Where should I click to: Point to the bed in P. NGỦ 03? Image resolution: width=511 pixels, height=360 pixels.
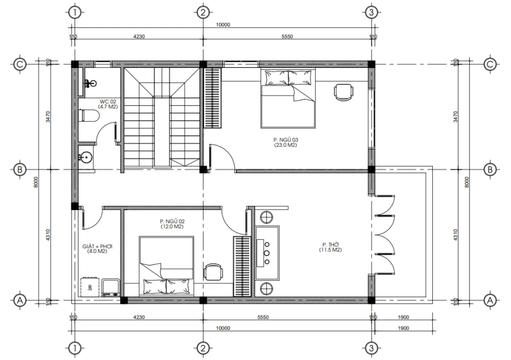click(x=288, y=98)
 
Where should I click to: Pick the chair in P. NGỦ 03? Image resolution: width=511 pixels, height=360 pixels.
click(x=343, y=92)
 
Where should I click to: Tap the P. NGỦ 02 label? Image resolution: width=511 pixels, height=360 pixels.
click(x=172, y=223)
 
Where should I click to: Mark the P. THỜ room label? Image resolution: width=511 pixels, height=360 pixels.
click(x=330, y=247)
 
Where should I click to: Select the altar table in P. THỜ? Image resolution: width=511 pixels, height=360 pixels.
click(x=267, y=253)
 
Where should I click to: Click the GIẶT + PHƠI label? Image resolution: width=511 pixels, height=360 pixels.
click(x=97, y=248)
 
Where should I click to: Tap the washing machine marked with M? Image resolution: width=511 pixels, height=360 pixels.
click(x=90, y=287)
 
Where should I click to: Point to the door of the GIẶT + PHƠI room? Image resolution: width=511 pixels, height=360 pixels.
click(x=92, y=216)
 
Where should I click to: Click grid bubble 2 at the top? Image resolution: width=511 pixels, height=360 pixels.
click(x=202, y=12)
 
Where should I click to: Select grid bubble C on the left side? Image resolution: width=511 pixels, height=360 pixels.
click(x=19, y=64)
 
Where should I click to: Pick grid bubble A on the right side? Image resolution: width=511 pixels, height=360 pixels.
click(x=490, y=300)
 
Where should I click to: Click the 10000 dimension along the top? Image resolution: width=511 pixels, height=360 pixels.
click(x=224, y=25)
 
